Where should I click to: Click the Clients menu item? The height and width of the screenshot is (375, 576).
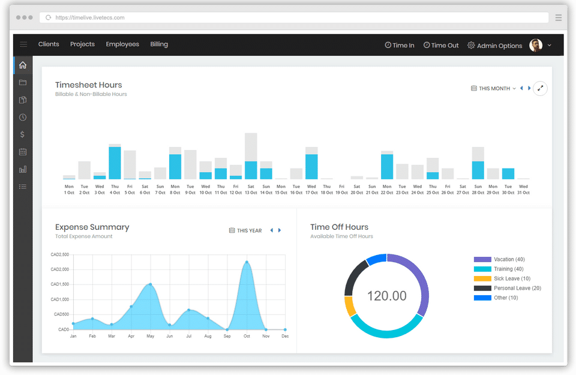(x=49, y=44)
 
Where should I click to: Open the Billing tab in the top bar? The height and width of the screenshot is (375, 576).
(x=159, y=44)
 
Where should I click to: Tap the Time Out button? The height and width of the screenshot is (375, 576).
(x=441, y=45)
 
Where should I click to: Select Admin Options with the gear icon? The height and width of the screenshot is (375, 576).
(x=495, y=46)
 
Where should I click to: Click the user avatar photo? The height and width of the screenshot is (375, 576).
(x=536, y=45)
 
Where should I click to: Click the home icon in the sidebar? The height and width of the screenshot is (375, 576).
(x=23, y=65)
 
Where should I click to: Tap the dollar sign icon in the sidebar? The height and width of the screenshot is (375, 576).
(x=22, y=134)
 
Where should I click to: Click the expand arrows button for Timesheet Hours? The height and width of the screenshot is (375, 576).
(x=540, y=88)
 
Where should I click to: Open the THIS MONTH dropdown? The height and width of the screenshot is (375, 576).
(x=494, y=89)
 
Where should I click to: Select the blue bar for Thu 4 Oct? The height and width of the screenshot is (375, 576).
(x=115, y=163)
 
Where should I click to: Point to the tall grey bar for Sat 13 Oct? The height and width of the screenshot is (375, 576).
(x=251, y=147)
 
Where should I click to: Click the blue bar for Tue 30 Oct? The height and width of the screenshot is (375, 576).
(x=508, y=174)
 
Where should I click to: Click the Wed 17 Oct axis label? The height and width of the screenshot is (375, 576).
(x=311, y=190)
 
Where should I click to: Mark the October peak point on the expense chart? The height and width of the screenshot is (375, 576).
(x=247, y=262)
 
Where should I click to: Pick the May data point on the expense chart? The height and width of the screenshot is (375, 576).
(x=150, y=284)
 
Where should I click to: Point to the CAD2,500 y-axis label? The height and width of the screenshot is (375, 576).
(x=60, y=254)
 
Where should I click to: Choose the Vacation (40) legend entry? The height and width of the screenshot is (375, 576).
(x=500, y=259)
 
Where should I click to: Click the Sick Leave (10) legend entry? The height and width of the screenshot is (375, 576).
(x=502, y=278)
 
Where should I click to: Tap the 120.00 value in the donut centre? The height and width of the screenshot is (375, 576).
(x=387, y=296)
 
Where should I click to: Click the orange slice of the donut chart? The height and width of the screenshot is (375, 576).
(x=350, y=306)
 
